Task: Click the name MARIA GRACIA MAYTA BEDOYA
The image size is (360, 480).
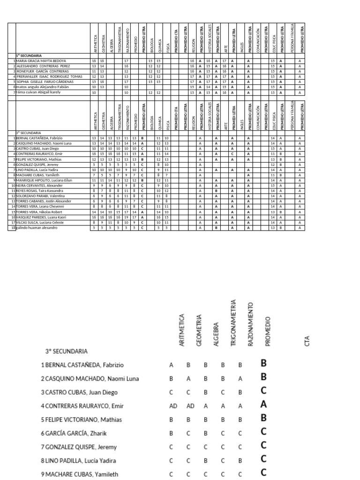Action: click(41, 61)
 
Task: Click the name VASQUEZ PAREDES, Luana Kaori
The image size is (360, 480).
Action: click(41, 217)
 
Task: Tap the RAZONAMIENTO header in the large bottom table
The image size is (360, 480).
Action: click(250, 324)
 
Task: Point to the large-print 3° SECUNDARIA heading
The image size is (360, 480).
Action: click(66, 351)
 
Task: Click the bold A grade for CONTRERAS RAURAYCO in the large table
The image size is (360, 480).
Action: click(263, 405)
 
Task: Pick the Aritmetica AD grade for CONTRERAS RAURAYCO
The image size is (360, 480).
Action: click(173, 406)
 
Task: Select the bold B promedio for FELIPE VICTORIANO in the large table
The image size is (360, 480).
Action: click(263, 419)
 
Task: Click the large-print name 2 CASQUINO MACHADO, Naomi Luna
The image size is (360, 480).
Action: click(90, 378)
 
